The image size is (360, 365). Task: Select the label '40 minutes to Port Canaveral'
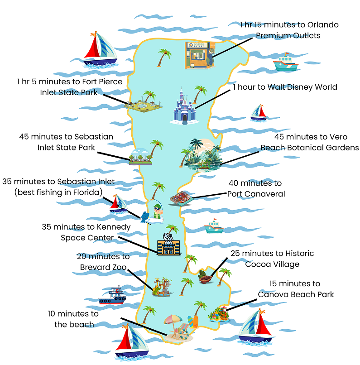[x=255, y=188]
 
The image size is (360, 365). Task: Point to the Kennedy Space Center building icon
[x=166, y=245]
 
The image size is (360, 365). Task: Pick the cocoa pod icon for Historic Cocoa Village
[x=205, y=277]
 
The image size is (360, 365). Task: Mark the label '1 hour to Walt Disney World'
[x=285, y=87]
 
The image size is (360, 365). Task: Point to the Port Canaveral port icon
[x=182, y=198]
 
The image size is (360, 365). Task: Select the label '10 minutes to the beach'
[x=73, y=319]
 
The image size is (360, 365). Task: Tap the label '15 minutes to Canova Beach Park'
[x=296, y=289]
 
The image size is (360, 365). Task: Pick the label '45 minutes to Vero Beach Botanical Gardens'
[x=309, y=142]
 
